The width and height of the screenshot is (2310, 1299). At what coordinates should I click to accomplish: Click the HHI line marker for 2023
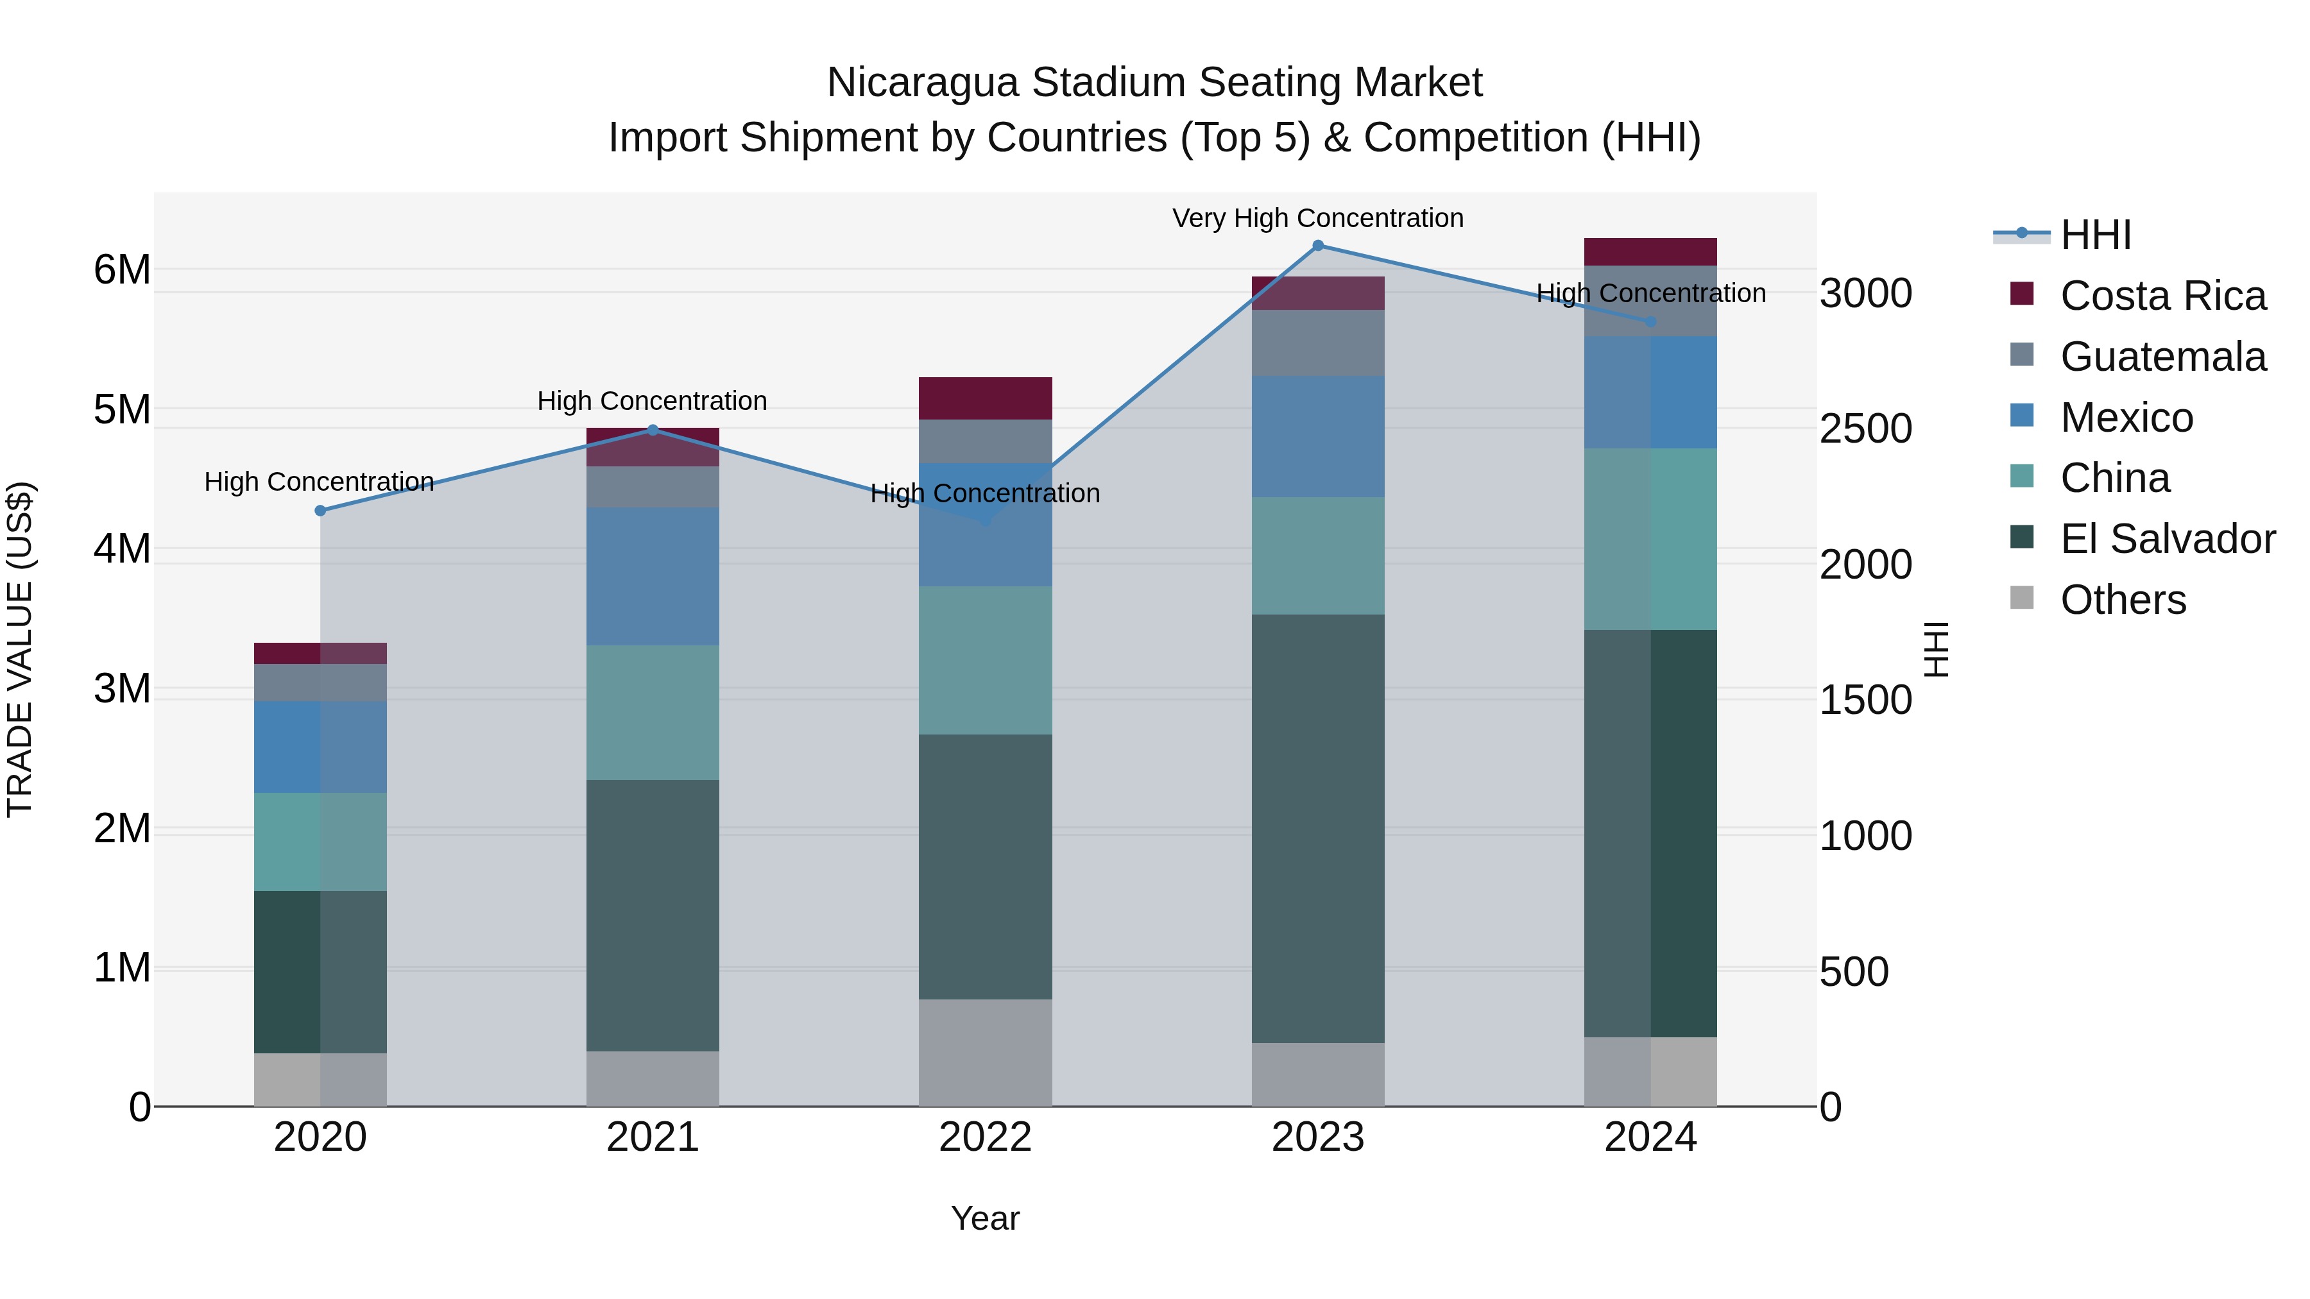[x=1317, y=246]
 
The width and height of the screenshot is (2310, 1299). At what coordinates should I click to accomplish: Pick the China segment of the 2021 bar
[x=652, y=713]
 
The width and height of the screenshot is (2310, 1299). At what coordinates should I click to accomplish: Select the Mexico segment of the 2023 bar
[x=1317, y=437]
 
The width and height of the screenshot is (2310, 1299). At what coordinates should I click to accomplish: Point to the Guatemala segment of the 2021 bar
[x=652, y=487]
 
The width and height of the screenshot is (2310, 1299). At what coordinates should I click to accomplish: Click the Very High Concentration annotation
[x=1317, y=218]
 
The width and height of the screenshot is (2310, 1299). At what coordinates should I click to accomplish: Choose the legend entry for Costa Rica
[x=2162, y=296]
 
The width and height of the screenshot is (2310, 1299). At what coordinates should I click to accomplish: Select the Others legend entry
[x=2122, y=600]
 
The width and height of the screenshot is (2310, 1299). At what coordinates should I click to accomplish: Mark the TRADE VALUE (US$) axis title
[x=20, y=649]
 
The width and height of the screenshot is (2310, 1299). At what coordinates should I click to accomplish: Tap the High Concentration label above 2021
[x=652, y=401]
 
